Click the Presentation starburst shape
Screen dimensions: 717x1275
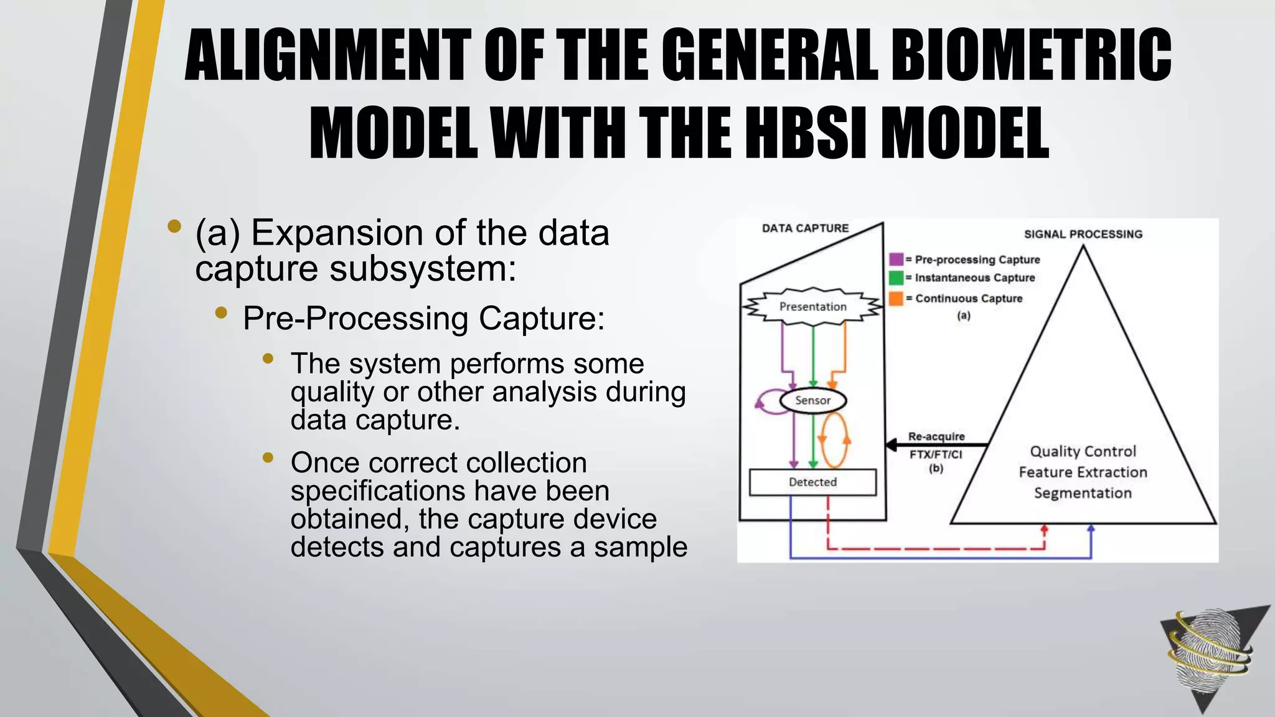(x=812, y=306)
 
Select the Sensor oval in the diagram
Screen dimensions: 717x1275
(x=812, y=400)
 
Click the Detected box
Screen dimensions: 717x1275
(x=812, y=482)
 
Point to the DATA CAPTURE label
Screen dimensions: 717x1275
(x=805, y=228)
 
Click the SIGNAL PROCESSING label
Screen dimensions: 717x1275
(x=1083, y=234)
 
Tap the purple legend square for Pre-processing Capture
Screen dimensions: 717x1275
(x=896, y=260)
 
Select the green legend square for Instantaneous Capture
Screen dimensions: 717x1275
(x=896, y=278)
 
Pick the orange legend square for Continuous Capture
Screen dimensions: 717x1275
(x=896, y=298)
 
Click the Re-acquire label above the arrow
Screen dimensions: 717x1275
(x=936, y=436)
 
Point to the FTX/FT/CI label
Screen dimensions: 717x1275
(x=936, y=454)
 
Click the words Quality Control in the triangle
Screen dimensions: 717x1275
(x=1083, y=451)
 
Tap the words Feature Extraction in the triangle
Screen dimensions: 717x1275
(x=1083, y=472)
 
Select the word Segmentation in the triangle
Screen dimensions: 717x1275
(x=1083, y=493)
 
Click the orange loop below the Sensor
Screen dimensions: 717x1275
(x=834, y=441)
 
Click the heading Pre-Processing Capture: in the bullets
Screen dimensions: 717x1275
(x=423, y=319)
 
